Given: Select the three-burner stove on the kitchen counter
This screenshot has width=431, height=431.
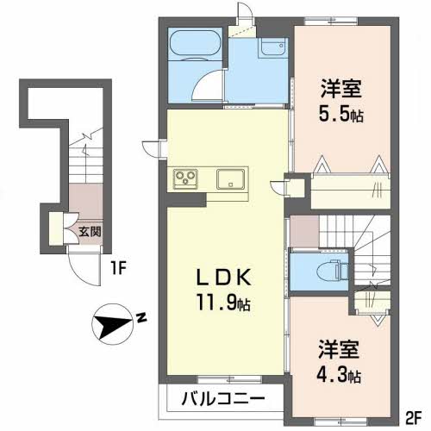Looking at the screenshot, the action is (x=185, y=179).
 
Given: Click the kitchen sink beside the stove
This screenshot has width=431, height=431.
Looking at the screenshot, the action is (x=231, y=179).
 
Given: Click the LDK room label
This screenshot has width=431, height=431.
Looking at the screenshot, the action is (x=223, y=278).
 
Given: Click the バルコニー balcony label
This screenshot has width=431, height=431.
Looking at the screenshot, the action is (x=223, y=398).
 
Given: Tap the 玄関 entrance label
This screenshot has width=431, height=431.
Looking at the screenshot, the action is (x=90, y=232).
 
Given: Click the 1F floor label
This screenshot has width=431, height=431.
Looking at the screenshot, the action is (x=118, y=269).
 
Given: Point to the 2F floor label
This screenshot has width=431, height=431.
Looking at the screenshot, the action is (x=414, y=418).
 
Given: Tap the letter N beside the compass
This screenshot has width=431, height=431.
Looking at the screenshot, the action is (x=141, y=318).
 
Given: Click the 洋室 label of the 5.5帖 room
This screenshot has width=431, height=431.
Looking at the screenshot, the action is (x=341, y=89).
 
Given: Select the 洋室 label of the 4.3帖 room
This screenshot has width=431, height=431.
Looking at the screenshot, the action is (x=339, y=349).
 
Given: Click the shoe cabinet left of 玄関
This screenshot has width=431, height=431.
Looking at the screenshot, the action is (x=56, y=229).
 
